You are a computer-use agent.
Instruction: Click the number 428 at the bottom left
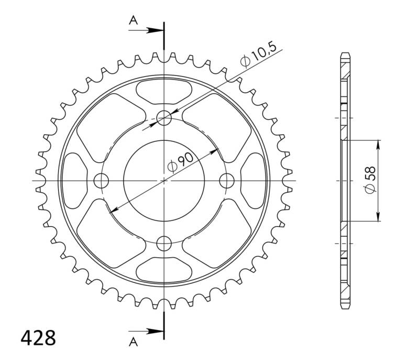[38, 338]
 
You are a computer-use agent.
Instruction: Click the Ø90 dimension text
[181, 162]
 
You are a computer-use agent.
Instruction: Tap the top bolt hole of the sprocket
[164, 118]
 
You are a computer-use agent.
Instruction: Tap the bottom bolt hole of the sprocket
[164, 243]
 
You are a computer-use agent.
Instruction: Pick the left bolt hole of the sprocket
[101, 181]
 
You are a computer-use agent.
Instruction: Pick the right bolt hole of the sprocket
[227, 181]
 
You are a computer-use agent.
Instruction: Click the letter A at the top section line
[134, 20]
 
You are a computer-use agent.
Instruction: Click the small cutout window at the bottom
[164, 270]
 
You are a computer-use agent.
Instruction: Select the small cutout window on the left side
[74, 181]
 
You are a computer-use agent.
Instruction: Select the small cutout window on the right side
[254, 181]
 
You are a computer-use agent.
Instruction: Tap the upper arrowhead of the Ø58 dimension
[378, 144]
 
